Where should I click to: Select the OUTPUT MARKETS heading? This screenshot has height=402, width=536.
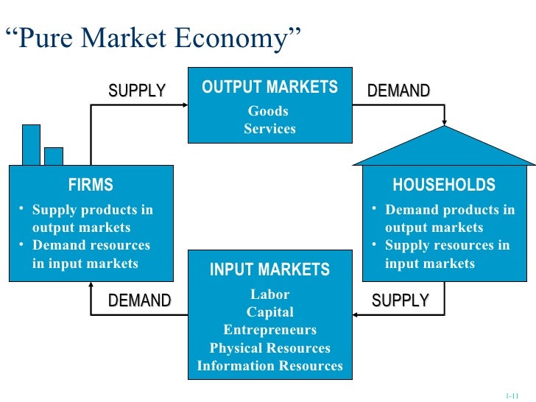[x=269, y=88]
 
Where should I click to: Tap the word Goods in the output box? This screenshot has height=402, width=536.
[x=268, y=111]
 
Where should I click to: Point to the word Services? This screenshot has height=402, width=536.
[x=269, y=129]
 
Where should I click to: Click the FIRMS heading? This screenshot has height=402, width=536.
[x=91, y=185]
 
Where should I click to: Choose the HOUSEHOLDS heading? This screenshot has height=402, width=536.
[x=444, y=185]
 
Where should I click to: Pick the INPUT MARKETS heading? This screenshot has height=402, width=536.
[x=269, y=270]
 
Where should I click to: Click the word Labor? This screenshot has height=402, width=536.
[x=269, y=295]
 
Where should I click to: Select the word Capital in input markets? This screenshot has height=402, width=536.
[x=269, y=312]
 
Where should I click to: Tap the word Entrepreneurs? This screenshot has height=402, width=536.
[x=269, y=330]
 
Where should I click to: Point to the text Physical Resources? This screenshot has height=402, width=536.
[x=269, y=348]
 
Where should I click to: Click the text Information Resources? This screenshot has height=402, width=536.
[x=269, y=365]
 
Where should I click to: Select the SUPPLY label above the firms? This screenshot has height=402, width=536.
[x=138, y=91]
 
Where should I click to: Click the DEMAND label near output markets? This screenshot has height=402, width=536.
[x=398, y=91]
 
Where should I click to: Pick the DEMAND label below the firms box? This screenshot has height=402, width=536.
[x=139, y=300]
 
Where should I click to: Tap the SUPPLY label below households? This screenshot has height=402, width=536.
[x=400, y=300]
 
